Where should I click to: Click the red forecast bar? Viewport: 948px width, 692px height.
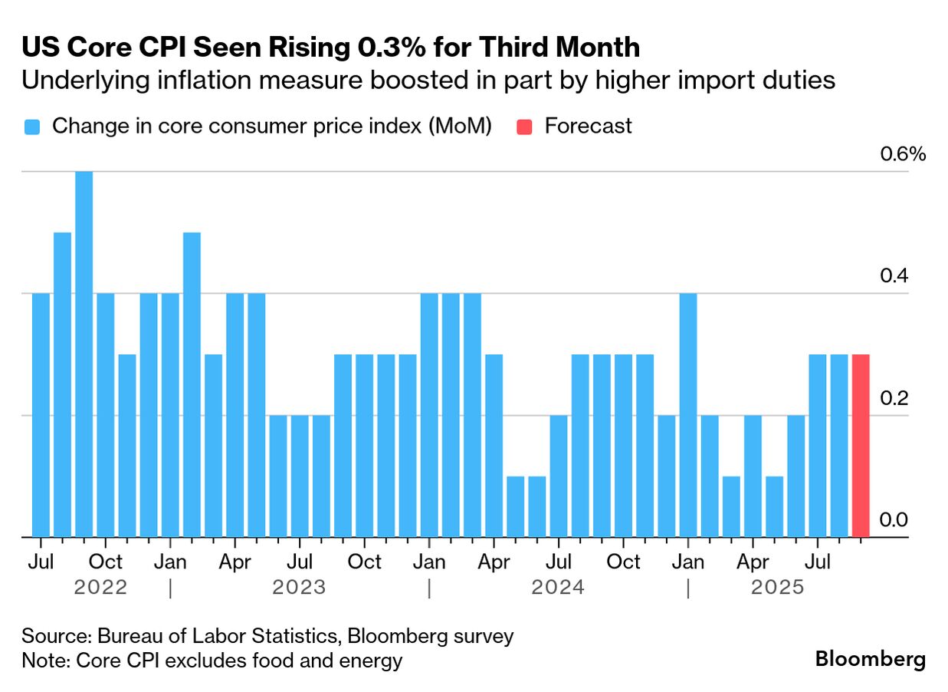pyautogui.click(x=861, y=446)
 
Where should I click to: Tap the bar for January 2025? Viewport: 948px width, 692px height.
pyautogui.click(x=688, y=415)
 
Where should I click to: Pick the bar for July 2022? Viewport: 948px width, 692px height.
pyautogui.click(x=41, y=415)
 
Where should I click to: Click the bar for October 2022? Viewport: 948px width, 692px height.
pyautogui.click(x=105, y=415)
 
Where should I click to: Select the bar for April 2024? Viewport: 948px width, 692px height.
pyautogui.click(x=494, y=446)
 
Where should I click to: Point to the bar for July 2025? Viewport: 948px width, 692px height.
pyautogui.click(x=818, y=446)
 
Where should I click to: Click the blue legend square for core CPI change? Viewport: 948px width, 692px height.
pyautogui.click(x=31, y=127)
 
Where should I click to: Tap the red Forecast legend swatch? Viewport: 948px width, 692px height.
pyautogui.click(x=524, y=127)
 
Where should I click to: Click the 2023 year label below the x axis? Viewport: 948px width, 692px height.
pyautogui.click(x=299, y=588)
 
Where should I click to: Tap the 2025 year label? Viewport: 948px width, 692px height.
pyautogui.click(x=778, y=588)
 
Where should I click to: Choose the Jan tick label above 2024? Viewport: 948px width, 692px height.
pyautogui.click(x=429, y=562)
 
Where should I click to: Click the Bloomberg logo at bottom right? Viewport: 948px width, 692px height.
pyautogui.click(x=870, y=658)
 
